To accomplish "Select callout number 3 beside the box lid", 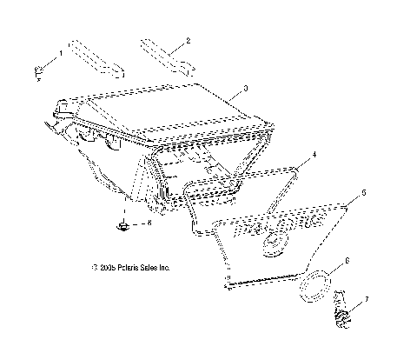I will (247, 88).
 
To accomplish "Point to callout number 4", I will (302, 154).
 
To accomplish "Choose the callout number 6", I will (347, 260).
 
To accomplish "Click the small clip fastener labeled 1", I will (39, 70).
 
